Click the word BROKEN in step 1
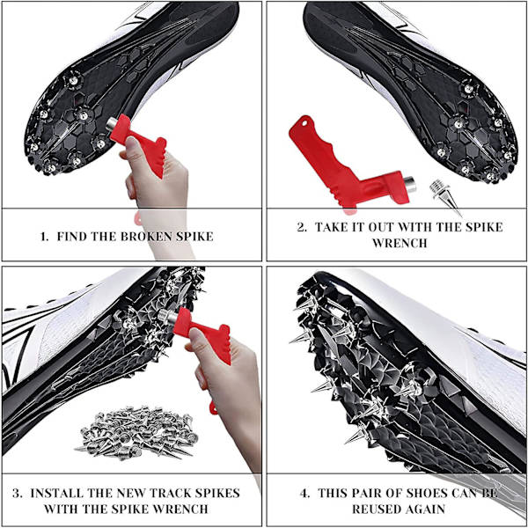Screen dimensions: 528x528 pos(146,237)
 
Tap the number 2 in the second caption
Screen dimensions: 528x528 pos(301,227)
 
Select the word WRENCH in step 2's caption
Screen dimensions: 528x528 pos(400,243)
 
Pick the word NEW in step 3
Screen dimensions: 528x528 pos(132,494)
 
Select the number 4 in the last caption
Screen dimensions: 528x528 pos(304,494)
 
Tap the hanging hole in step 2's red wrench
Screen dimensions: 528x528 pos(304,123)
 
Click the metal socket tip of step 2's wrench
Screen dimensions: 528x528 pos(410,184)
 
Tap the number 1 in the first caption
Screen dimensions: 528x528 pos(43,237)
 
